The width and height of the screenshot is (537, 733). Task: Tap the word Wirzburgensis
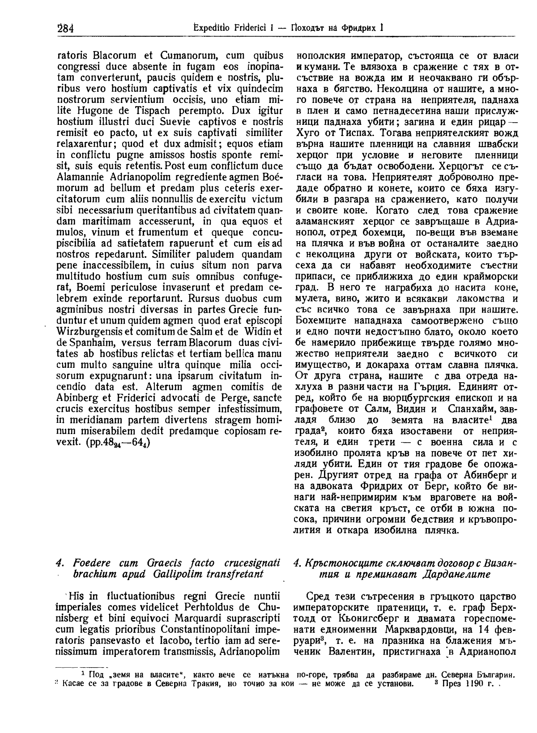[x=89, y=332]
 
